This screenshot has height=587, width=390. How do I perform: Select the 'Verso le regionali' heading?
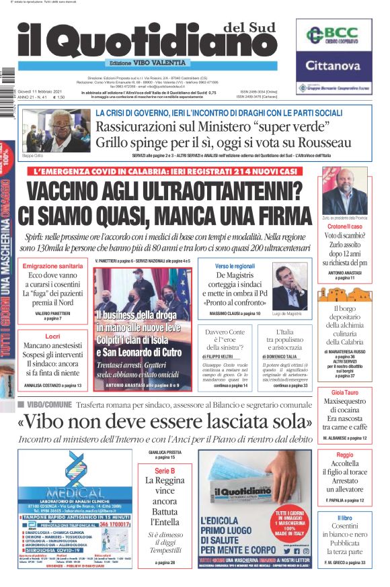[236, 267]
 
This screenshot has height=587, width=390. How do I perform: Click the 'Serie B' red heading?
[165, 471]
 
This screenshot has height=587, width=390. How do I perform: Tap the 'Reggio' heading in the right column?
[344, 455]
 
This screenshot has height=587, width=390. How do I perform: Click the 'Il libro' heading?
[344, 518]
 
